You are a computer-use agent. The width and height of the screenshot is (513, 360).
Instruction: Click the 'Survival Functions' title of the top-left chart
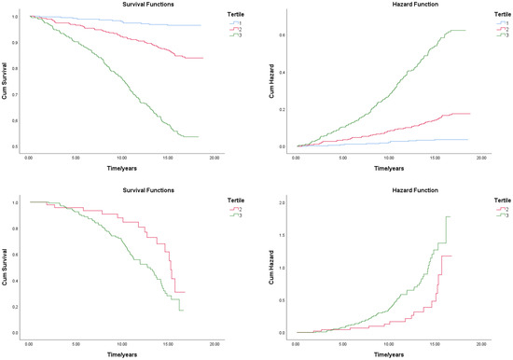click(116, 4)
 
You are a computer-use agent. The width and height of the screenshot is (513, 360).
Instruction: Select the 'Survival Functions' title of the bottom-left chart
click(116, 187)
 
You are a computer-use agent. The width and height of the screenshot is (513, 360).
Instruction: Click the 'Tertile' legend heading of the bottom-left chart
click(241, 198)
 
